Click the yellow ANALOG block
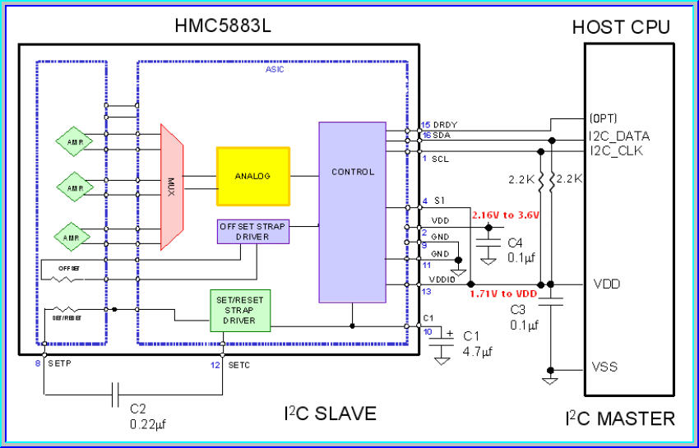252,176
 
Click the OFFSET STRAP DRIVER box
253,232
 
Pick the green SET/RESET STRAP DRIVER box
238,309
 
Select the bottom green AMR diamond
72,237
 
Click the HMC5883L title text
222,26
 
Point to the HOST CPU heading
621,27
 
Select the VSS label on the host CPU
605,367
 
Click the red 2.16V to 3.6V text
505,215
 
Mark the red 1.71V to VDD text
502,293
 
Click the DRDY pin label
445,125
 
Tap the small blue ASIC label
275,70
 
